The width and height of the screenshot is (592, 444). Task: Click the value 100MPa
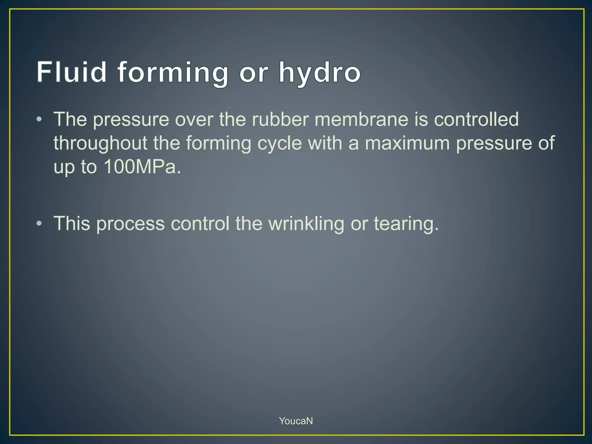pyautogui.click(x=142, y=167)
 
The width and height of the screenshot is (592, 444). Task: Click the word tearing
pyautogui.click(x=406, y=224)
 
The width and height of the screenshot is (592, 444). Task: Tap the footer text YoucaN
pyautogui.click(x=296, y=421)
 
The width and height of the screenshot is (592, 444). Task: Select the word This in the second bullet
pyautogui.click(x=72, y=223)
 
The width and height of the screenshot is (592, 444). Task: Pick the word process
pyautogui.click(x=130, y=224)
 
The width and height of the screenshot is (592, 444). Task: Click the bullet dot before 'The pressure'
pyautogui.click(x=39, y=119)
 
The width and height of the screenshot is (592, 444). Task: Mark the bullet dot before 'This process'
pyautogui.click(x=39, y=223)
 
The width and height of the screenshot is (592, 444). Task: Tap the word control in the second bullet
pyautogui.click(x=200, y=223)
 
